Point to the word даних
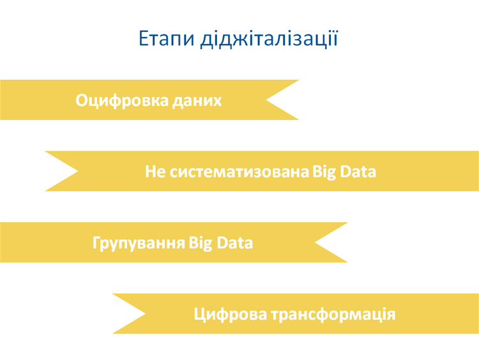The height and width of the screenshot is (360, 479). pos(197,101)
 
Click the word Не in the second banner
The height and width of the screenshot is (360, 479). pos(156,172)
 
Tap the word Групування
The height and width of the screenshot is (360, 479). pos(139,243)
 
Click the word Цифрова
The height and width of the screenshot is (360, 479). pos(229,315)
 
